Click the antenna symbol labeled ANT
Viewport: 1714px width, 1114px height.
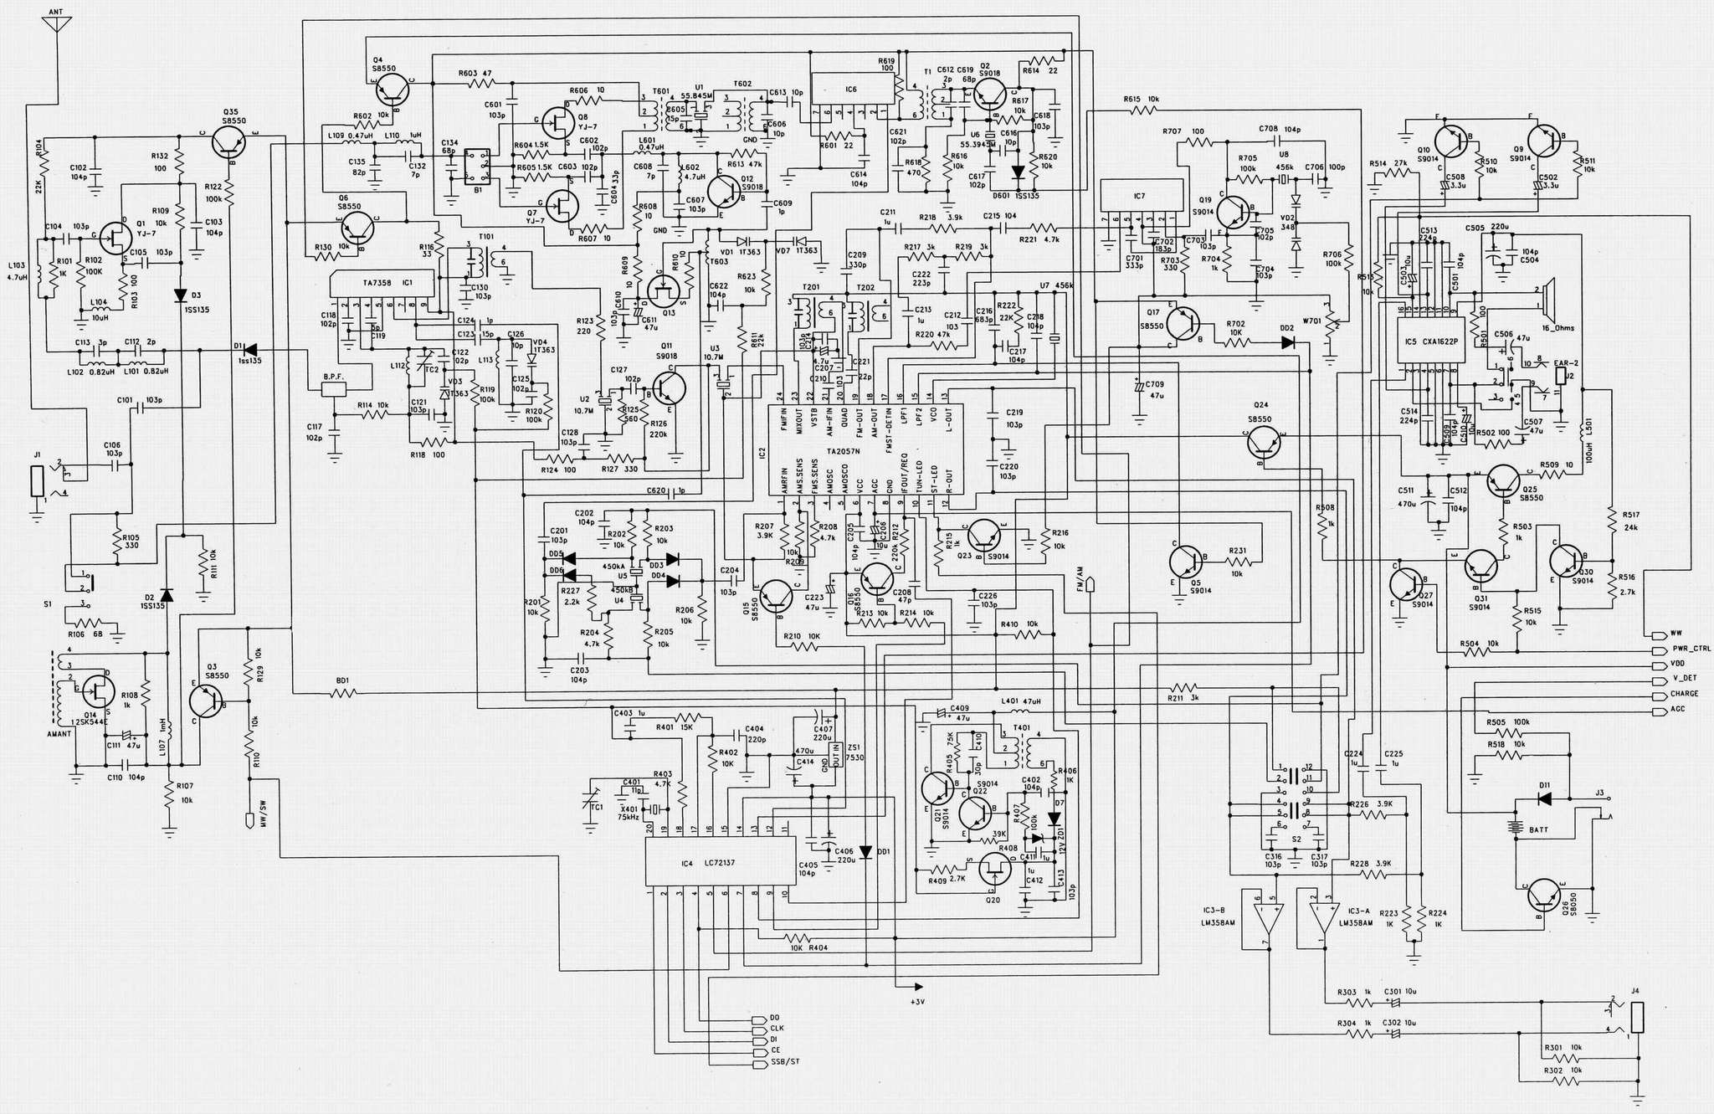pos(56,23)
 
